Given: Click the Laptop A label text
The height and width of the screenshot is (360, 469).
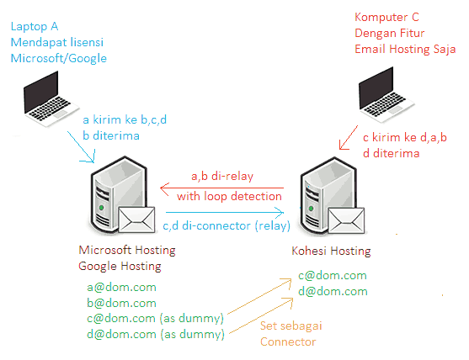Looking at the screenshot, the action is pos(35,27).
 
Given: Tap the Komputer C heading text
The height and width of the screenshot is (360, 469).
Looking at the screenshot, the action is pos(386,18).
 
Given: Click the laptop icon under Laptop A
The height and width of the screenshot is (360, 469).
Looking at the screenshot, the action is pos(51,99).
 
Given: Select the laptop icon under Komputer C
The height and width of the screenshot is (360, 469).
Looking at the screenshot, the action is pos(386,95).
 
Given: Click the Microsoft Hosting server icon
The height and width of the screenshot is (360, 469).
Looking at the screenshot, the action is pos(119,194).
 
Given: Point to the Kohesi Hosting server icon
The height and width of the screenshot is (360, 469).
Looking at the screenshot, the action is pos(328,195).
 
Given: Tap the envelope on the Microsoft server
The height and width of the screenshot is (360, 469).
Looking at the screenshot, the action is pos(136,220).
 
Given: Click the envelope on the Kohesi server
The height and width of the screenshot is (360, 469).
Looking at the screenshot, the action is pos(346,220).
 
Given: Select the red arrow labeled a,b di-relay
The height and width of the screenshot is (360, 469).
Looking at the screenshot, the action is pos(221,188).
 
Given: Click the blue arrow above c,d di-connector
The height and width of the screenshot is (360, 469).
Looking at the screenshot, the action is pos(225,213).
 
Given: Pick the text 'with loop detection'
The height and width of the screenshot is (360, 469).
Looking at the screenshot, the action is pos(229,197).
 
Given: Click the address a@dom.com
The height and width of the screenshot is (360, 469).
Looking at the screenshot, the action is pos(121,288).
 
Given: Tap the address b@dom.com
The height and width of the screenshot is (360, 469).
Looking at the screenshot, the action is pos(121,303).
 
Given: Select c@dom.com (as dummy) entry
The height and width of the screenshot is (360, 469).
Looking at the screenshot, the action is pos(155,319).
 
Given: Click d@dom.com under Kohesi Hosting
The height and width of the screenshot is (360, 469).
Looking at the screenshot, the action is pos(333,291).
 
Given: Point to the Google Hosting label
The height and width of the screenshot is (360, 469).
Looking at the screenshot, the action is pos(120,266).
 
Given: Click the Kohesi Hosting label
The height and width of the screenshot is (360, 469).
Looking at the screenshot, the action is pos(331,251).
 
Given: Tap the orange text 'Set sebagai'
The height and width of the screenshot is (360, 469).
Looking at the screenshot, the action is pos(290,326).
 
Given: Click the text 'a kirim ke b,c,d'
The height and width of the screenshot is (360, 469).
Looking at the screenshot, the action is pos(125,119).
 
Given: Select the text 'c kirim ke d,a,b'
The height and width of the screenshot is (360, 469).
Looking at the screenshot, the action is pos(405,137).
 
